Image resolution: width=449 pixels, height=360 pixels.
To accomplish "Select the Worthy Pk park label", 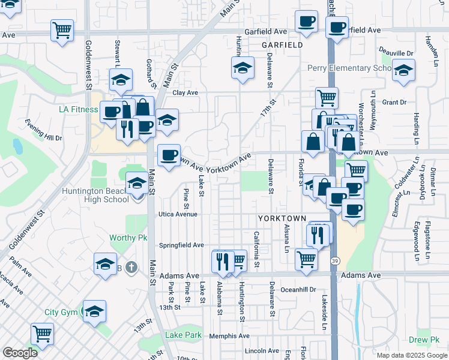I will tap(128, 238).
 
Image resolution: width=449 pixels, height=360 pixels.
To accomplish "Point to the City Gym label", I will tap(61, 313).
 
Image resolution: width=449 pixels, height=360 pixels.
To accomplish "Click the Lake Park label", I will tap(183, 335).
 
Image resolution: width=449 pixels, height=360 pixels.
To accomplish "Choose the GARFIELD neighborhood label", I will tap(282, 45).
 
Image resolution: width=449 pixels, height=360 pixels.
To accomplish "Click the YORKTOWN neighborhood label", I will tap(282, 218).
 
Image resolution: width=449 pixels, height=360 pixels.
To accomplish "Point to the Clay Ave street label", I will tap(185, 93).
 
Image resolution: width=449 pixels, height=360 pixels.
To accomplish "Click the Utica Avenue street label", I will tap(178, 214).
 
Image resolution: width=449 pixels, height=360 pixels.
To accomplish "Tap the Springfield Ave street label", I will tap(181, 245).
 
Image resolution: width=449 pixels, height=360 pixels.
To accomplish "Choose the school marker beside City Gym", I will tap(94, 311).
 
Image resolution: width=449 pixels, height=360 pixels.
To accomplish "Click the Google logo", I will tap(20, 353).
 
